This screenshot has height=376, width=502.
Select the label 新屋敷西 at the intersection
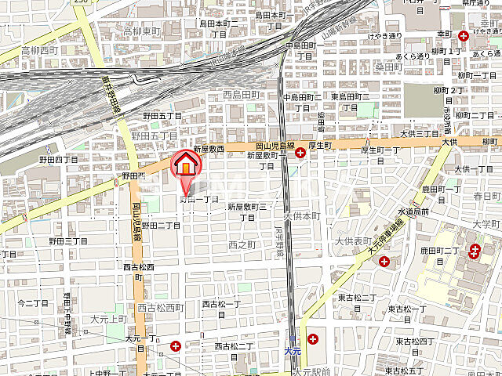coord(209,149)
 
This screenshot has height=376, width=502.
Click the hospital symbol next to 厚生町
coord(300,154)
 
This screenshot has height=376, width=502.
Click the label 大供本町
coord(302,215)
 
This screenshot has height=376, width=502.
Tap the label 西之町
coord(242,244)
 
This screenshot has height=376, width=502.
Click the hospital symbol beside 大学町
coord(475,251)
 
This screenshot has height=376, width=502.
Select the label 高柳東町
coord(141,31)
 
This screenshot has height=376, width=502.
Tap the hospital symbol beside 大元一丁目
coord(176,345)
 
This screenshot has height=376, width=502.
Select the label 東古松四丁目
coord(414,341)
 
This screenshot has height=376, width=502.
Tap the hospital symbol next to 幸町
coord(463,36)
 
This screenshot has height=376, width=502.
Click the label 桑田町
coord(387,67)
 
